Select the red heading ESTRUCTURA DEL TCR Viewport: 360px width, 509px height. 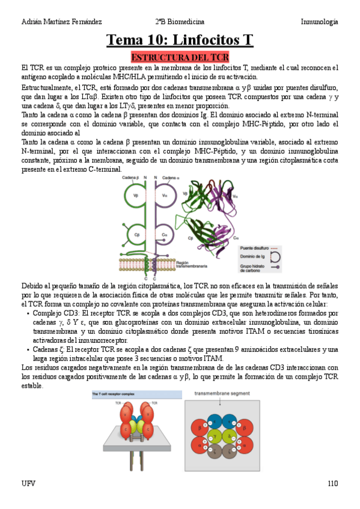[180, 57]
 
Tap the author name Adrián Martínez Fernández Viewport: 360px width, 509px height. [61, 22]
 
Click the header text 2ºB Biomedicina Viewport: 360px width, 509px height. [180, 22]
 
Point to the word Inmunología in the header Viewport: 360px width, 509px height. [319, 22]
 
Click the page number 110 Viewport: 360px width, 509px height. [333, 483]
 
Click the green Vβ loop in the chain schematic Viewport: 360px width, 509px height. [136, 196]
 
